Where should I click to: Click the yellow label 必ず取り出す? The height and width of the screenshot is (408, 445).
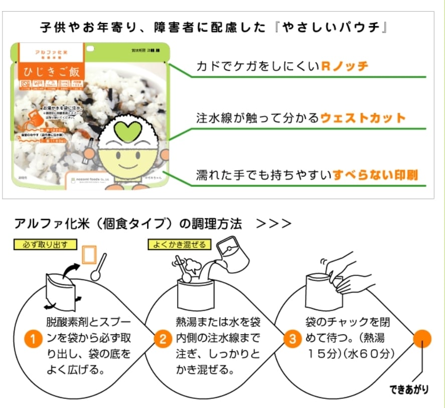click(x=46, y=244)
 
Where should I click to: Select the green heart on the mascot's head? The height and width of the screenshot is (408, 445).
click(x=125, y=131)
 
